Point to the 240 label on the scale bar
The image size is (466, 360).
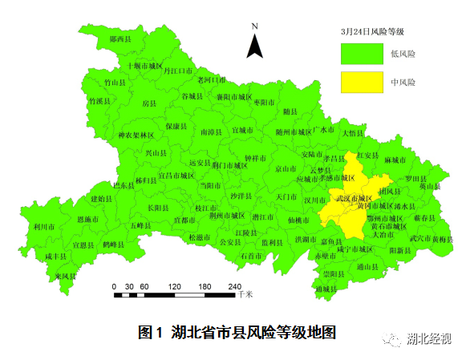(x=234, y=286)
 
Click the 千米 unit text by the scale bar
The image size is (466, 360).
(x=245, y=295)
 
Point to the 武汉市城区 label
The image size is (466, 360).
(x=353, y=197)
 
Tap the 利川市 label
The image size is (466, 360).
(x=44, y=227)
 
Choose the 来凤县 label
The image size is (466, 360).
(x=66, y=276)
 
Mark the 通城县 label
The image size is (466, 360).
(x=326, y=288)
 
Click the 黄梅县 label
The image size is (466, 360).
(x=443, y=239)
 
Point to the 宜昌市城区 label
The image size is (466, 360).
(x=176, y=175)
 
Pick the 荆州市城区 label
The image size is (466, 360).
(x=227, y=216)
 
